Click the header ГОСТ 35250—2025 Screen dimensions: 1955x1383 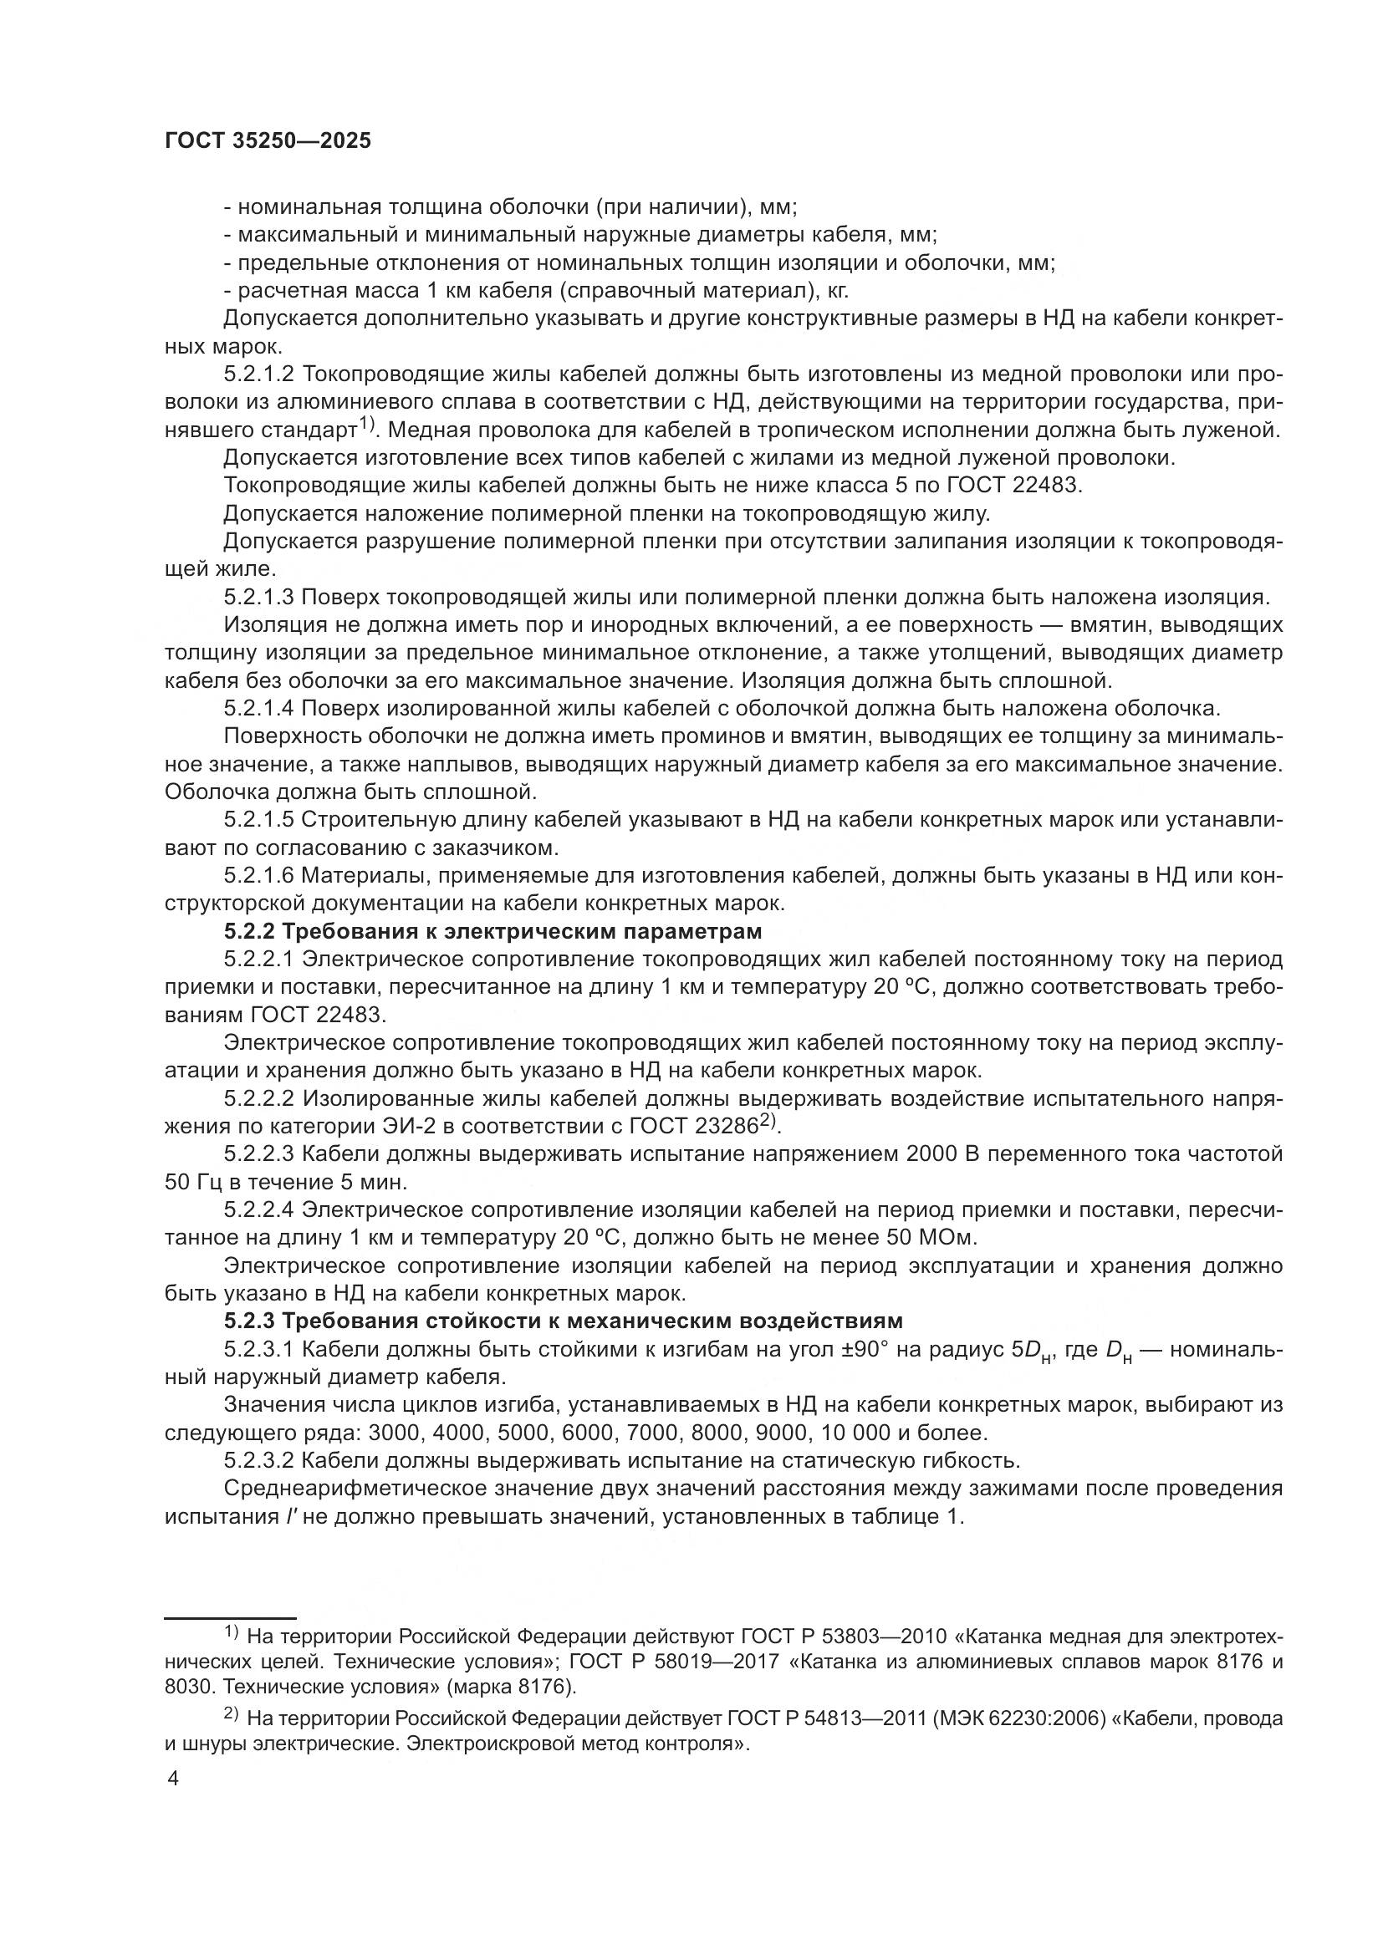coord(268,141)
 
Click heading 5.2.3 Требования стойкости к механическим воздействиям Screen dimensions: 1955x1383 coord(563,1321)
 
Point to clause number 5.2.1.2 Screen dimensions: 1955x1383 coord(259,374)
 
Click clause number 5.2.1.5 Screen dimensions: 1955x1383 coord(259,820)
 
